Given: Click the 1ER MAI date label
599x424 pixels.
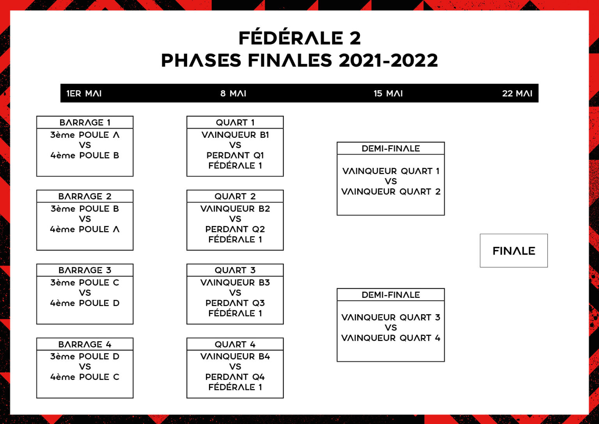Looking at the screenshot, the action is [84, 93].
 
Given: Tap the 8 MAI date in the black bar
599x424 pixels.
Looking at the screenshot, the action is [233, 93].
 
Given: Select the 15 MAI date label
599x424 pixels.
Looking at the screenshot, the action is [388, 93].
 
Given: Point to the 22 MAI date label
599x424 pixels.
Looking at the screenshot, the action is [517, 93].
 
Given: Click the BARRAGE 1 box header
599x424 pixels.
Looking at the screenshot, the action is [85, 122].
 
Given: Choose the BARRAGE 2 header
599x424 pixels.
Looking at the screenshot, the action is [85, 196].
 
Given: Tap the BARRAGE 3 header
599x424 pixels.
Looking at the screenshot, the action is [85, 270].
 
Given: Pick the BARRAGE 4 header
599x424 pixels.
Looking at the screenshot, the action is [85, 344].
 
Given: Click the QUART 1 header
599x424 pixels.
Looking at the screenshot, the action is [235, 122].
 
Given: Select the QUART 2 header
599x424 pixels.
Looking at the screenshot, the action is [235, 196].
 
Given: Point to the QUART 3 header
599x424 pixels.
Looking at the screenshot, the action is [235, 270].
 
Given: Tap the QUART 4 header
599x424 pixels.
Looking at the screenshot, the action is [235, 344].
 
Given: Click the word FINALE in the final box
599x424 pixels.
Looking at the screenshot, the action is [514, 251].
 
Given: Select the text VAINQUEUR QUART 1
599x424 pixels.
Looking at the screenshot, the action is [391, 171].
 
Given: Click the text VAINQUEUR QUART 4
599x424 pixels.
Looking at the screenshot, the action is [391, 338].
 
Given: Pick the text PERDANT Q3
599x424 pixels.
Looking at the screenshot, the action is [235, 303].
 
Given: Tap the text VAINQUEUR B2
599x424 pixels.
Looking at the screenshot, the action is [235, 208].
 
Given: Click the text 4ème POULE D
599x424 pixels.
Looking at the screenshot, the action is [85, 303].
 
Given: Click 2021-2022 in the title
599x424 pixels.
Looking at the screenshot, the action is [388, 61].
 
